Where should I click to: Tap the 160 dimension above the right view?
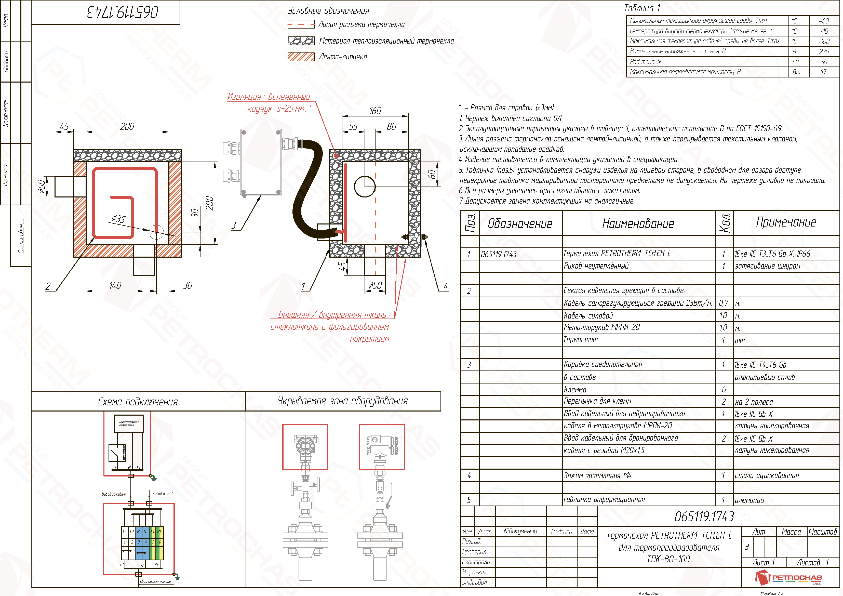[x=375, y=111]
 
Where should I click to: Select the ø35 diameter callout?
[x=119, y=219]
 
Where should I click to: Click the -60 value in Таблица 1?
[x=824, y=21]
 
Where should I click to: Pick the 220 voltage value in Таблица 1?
[x=824, y=51]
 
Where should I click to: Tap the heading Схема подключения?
[x=138, y=402]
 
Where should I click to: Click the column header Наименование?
[x=638, y=223]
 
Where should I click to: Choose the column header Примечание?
[x=786, y=222]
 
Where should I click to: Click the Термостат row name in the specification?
[x=581, y=340]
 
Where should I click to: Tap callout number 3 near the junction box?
[x=234, y=225]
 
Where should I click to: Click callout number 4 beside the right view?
[x=446, y=286]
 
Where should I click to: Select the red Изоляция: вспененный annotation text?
[x=269, y=97]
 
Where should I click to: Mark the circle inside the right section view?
[x=365, y=187]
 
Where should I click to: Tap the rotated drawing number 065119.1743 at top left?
[x=123, y=12]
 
